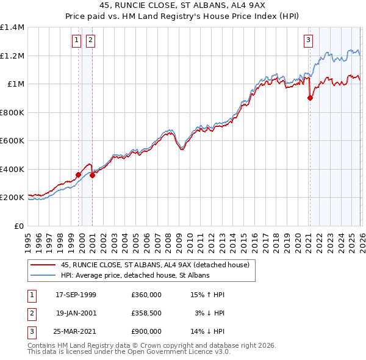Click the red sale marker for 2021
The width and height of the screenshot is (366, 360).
(x=310, y=98)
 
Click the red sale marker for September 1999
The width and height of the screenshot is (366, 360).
(x=79, y=175)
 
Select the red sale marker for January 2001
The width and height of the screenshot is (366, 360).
(x=93, y=176)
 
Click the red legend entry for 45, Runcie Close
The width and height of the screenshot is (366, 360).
(x=155, y=265)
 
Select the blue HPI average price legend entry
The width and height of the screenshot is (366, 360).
(x=135, y=276)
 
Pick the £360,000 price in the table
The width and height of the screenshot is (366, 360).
(x=146, y=295)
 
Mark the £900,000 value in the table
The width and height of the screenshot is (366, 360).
(x=146, y=331)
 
